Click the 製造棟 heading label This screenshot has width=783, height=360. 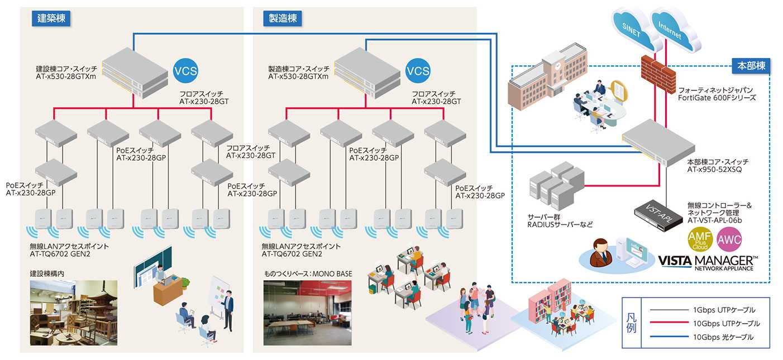coord(283,18)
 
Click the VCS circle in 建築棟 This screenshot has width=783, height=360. coord(185,71)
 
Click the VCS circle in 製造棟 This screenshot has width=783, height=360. coord(418,71)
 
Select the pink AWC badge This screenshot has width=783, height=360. coord(730,241)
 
